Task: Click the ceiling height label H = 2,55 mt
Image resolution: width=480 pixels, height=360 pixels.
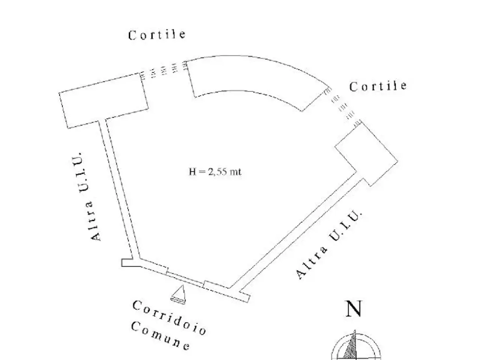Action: point(215,172)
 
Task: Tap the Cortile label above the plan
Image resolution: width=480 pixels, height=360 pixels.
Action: point(157,35)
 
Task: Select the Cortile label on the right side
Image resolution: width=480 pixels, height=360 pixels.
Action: point(378,87)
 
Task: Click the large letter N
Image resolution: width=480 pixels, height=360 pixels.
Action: point(354,309)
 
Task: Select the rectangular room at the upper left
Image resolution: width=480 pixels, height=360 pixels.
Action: point(103,101)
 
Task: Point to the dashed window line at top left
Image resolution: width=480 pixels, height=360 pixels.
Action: point(163,69)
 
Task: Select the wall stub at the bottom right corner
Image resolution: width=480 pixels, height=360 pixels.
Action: point(244,297)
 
